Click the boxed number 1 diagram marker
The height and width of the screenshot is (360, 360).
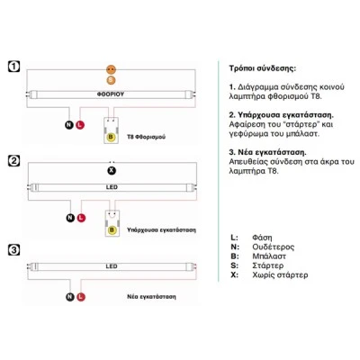pyautogui.click(x=13, y=67)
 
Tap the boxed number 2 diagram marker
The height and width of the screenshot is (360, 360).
pyautogui.click(x=13, y=161)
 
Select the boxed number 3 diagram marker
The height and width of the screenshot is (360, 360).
pyautogui.click(x=13, y=250)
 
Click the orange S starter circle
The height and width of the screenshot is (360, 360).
pyautogui.click(x=111, y=80)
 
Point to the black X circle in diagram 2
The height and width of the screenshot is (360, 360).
pyautogui.click(x=112, y=171)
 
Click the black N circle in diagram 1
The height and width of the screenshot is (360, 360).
pyautogui.click(x=69, y=125)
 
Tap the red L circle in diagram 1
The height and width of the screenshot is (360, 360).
pyautogui.click(x=80, y=125)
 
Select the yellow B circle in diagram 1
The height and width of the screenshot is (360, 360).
pyautogui.click(x=111, y=137)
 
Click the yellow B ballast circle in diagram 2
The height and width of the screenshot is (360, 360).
pyautogui.click(x=112, y=230)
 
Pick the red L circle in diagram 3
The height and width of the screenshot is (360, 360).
pyautogui.click(x=81, y=297)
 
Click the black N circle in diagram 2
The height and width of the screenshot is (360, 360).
pyautogui.click(x=70, y=218)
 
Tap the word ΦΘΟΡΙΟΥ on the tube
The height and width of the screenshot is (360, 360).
pyautogui.click(x=111, y=94)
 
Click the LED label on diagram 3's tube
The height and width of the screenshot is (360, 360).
pyautogui.click(x=112, y=266)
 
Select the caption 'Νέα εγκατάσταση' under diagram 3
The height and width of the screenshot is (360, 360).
pyautogui.click(x=151, y=297)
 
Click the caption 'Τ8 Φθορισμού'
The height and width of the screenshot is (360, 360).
pyautogui.click(x=146, y=137)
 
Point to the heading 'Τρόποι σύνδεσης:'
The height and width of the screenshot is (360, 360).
pyautogui.click(x=263, y=68)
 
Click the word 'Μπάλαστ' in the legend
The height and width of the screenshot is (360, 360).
pyautogui.click(x=269, y=256)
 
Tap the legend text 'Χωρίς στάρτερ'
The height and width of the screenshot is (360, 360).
pyautogui.click(x=280, y=274)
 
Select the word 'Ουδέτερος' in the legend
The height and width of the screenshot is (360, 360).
pyautogui.click(x=274, y=247)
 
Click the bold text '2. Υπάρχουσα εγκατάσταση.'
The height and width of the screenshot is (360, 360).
pyautogui.click(x=282, y=115)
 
